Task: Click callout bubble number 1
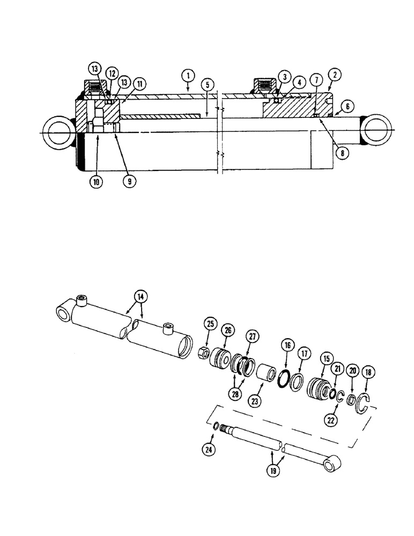click(188, 76)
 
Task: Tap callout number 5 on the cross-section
click(206, 85)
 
